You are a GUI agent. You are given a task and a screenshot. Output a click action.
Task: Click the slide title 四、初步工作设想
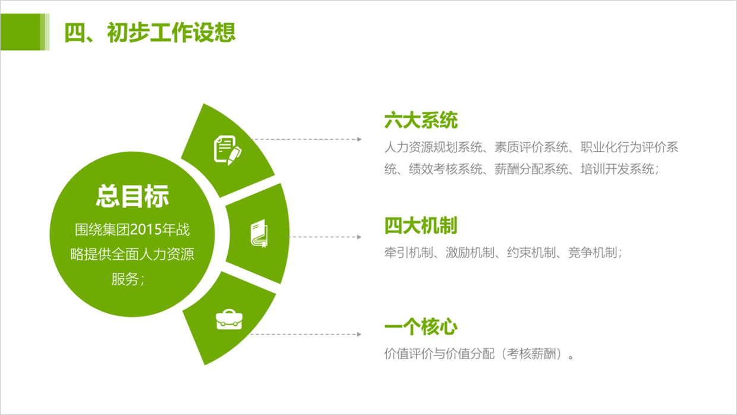point(150,32)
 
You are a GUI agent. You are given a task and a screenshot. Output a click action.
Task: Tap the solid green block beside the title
point(20,32)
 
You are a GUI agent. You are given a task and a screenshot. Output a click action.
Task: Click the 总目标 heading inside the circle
point(133,196)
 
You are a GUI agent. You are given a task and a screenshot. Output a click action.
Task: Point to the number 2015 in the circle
point(148,229)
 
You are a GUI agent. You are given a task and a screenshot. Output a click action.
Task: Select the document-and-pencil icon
point(228,150)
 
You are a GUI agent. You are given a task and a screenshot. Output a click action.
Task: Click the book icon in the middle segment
point(259,233)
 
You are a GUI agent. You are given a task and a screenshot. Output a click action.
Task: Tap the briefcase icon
point(229,319)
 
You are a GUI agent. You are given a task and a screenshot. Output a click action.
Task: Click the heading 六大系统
point(421,120)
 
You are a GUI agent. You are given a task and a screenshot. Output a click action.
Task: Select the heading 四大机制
point(421,225)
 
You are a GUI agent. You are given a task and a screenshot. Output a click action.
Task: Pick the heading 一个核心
point(421,326)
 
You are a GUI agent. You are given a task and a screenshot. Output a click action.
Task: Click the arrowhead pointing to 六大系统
point(360,139)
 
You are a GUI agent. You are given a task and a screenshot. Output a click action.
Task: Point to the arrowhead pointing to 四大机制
point(360,237)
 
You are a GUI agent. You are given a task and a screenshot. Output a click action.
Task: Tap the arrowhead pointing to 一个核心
point(360,334)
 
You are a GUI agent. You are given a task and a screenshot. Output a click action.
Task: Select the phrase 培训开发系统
point(617,169)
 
